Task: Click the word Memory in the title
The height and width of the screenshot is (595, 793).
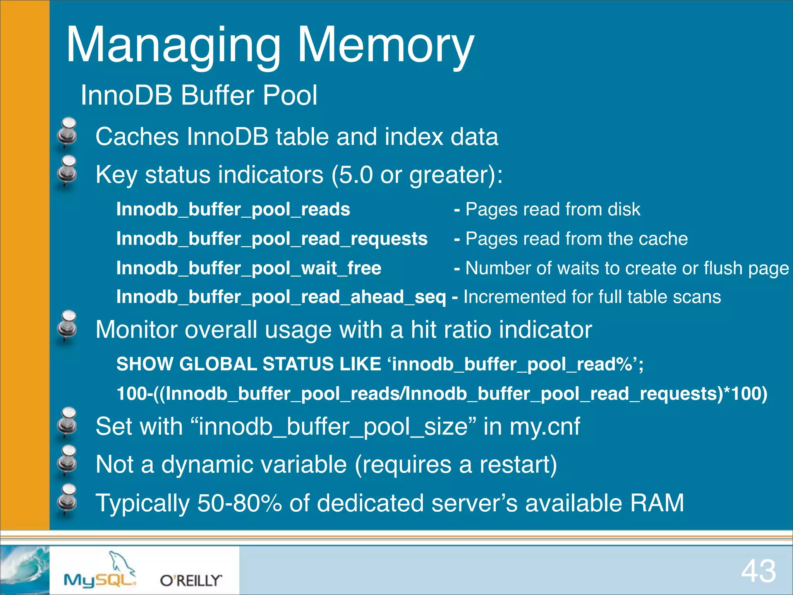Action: (385, 46)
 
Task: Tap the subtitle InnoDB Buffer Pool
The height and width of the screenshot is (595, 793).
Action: (199, 95)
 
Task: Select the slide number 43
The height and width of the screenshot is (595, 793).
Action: (758, 571)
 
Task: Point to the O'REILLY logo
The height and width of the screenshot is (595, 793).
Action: (191, 580)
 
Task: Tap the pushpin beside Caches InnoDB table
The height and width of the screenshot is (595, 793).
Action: (68, 133)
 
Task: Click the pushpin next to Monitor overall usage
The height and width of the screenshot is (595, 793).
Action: (68, 326)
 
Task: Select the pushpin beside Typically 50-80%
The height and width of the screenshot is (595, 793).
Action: (68, 499)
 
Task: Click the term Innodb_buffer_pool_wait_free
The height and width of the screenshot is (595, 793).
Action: (249, 268)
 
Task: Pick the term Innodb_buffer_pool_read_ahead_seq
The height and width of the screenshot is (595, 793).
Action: (281, 297)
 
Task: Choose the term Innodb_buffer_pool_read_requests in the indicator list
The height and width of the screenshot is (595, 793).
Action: (272, 239)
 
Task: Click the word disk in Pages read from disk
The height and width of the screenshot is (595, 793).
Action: (624, 209)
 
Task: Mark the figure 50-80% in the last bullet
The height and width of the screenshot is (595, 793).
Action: (239, 503)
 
